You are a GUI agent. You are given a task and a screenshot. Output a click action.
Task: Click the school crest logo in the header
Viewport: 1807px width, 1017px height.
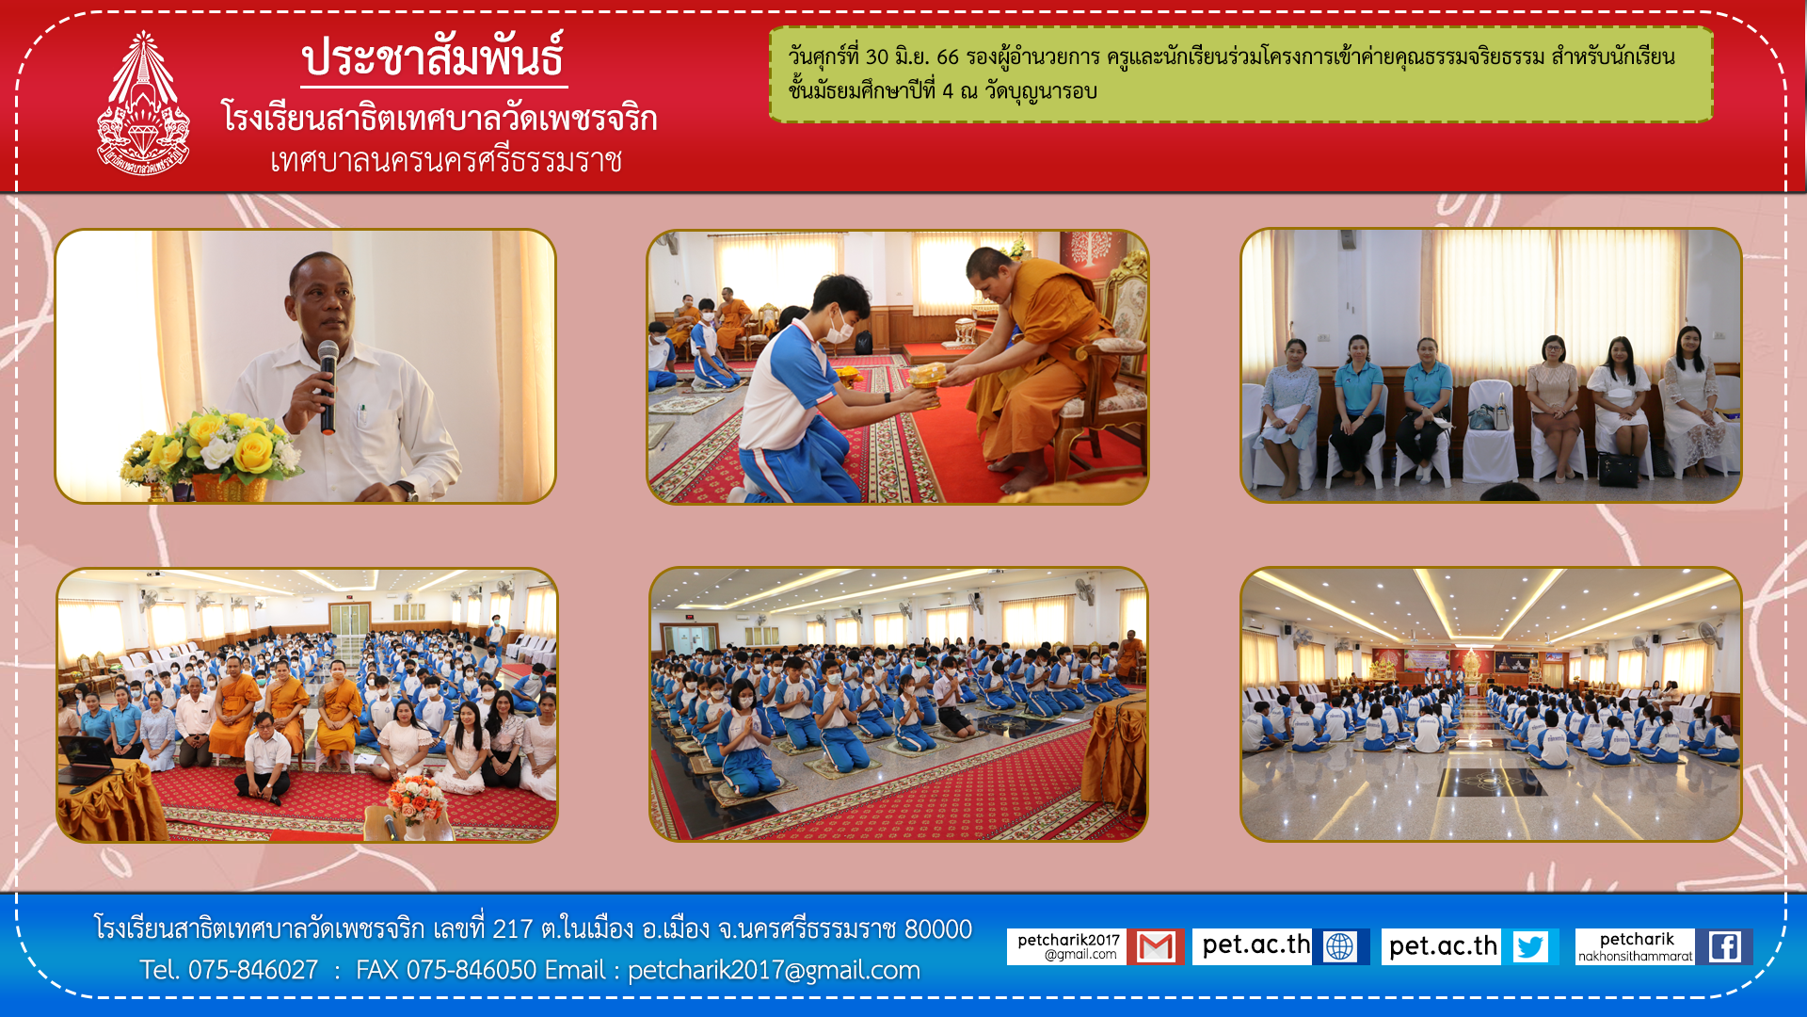click(143, 104)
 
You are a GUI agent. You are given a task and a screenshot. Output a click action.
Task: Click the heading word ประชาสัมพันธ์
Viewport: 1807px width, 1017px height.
click(433, 57)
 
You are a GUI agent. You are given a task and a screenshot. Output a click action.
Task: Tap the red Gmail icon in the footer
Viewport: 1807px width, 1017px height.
click(1155, 946)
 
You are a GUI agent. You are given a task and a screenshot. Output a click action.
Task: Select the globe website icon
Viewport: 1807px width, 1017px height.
click(1339, 946)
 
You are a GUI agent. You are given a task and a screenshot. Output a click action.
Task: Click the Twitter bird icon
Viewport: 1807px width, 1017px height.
click(1530, 946)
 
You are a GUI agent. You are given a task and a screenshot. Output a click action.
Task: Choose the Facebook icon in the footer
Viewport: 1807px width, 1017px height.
click(1724, 946)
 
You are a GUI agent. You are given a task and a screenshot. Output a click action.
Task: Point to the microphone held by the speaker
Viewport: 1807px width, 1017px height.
click(328, 386)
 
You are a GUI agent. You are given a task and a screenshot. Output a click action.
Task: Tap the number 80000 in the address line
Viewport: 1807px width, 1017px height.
click(937, 929)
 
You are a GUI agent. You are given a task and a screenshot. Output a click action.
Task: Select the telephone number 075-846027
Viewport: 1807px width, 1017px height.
click(253, 970)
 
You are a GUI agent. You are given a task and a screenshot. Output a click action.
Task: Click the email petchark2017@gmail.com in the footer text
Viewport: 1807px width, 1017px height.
click(774, 970)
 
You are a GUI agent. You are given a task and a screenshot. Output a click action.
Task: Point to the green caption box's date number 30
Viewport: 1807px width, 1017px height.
click(876, 56)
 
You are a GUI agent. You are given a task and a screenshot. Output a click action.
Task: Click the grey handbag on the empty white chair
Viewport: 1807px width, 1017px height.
click(1489, 415)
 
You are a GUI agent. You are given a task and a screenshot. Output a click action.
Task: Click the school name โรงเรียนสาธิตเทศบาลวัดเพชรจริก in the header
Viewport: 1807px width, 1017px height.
click(439, 118)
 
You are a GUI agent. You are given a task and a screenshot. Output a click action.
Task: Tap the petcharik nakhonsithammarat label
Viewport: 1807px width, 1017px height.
click(1636, 947)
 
